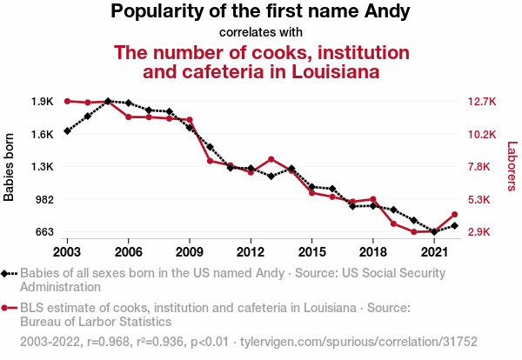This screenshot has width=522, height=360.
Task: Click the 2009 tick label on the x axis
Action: [x=189, y=251]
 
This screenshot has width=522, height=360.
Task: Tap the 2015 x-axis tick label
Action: [x=311, y=251]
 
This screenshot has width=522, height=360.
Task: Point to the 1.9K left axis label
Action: [x=42, y=102]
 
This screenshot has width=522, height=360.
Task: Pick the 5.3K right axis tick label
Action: [x=480, y=199]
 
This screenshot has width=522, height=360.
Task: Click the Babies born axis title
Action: [x=10, y=166]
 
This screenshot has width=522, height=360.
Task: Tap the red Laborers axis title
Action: [x=512, y=166]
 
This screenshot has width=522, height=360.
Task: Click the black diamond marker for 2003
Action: [x=67, y=131]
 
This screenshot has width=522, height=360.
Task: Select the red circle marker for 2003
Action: [x=67, y=101]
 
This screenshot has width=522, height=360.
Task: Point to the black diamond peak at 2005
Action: [x=108, y=101]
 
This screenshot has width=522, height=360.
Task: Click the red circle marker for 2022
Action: [x=454, y=215]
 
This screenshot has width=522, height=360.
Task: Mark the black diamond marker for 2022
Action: [x=454, y=226]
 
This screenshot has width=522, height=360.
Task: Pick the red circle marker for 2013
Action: [x=271, y=159]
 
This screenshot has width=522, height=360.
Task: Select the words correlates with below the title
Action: [x=260, y=32]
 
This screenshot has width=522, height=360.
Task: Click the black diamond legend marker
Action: [x=10, y=273]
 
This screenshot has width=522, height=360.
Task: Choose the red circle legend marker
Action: [x=10, y=308]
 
